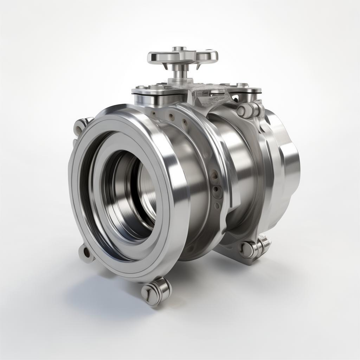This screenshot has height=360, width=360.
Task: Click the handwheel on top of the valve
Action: (182, 57)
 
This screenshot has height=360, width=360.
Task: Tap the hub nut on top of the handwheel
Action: (179, 49)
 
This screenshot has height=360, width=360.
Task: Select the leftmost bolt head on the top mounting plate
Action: (140, 87)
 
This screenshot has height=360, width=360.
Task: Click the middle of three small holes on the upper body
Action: (171, 116)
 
